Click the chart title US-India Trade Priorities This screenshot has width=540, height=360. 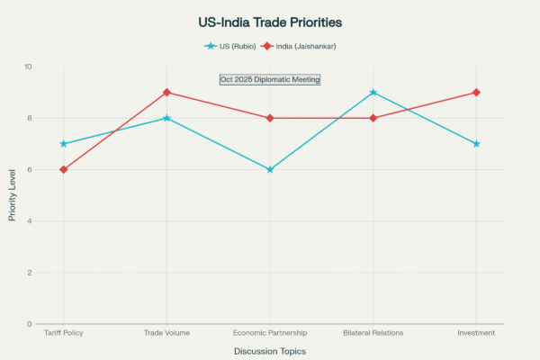[x=270, y=21]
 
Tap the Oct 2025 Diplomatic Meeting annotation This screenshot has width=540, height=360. [x=270, y=79]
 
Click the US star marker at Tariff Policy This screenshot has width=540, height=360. [x=63, y=144]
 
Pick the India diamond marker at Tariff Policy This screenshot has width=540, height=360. [x=63, y=169]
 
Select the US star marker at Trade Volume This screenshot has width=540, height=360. [x=166, y=118]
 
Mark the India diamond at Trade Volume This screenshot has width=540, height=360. [x=166, y=93]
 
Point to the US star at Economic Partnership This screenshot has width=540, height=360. [x=270, y=169]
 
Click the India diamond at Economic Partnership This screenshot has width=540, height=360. [x=270, y=118]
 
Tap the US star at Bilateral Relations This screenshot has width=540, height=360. [x=373, y=93]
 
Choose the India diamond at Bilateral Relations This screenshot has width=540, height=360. [x=373, y=118]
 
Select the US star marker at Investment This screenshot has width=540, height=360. [x=476, y=144]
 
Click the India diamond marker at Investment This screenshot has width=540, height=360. [x=476, y=93]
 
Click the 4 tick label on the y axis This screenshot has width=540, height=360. [x=29, y=220]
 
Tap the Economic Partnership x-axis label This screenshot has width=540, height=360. [x=270, y=333]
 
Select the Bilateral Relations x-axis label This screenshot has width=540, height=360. [x=373, y=333]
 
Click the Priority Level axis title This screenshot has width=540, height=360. [x=12, y=195]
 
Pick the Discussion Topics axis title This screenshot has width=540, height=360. [x=270, y=351]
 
